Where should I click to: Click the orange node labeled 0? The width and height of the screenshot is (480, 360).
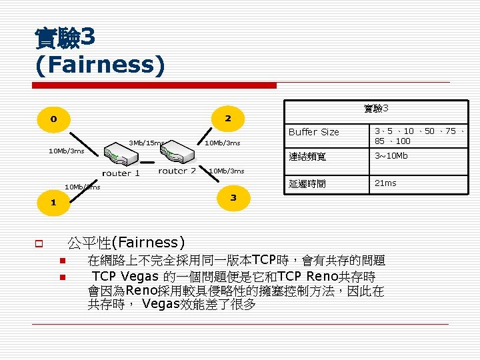(53, 119)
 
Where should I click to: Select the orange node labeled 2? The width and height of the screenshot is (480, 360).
(227, 119)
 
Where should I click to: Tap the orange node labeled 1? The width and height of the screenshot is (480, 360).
(53, 201)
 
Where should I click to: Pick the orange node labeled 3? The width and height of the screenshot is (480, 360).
(233, 197)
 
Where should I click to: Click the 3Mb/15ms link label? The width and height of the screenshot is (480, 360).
(145, 143)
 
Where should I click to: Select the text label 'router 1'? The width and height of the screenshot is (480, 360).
(121, 173)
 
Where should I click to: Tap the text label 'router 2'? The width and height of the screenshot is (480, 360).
(177, 171)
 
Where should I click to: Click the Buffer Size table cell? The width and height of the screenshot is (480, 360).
(314, 132)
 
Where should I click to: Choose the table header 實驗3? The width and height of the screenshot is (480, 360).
(376, 108)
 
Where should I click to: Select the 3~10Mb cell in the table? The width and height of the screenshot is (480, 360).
(391, 156)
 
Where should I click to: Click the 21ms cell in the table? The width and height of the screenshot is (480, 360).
(385, 183)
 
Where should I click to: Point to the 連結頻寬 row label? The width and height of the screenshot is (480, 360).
(307, 157)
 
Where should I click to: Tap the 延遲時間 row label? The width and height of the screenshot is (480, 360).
(307, 183)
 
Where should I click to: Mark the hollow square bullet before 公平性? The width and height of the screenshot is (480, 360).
(40, 243)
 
